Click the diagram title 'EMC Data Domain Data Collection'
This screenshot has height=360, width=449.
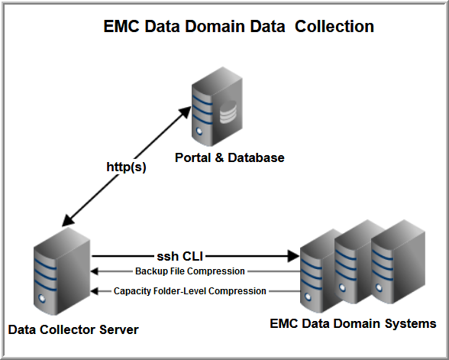[238, 27]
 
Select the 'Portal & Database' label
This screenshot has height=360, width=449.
[230, 158]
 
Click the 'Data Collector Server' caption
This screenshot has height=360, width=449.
[73, 329]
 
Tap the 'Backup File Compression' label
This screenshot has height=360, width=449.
[190, 271]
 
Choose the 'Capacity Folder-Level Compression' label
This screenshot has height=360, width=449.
[190, 291]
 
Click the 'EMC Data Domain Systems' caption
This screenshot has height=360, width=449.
[353, 323]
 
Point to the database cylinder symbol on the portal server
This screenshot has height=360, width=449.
[228, 115]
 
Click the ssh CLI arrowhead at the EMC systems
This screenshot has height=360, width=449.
[293, 257]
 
